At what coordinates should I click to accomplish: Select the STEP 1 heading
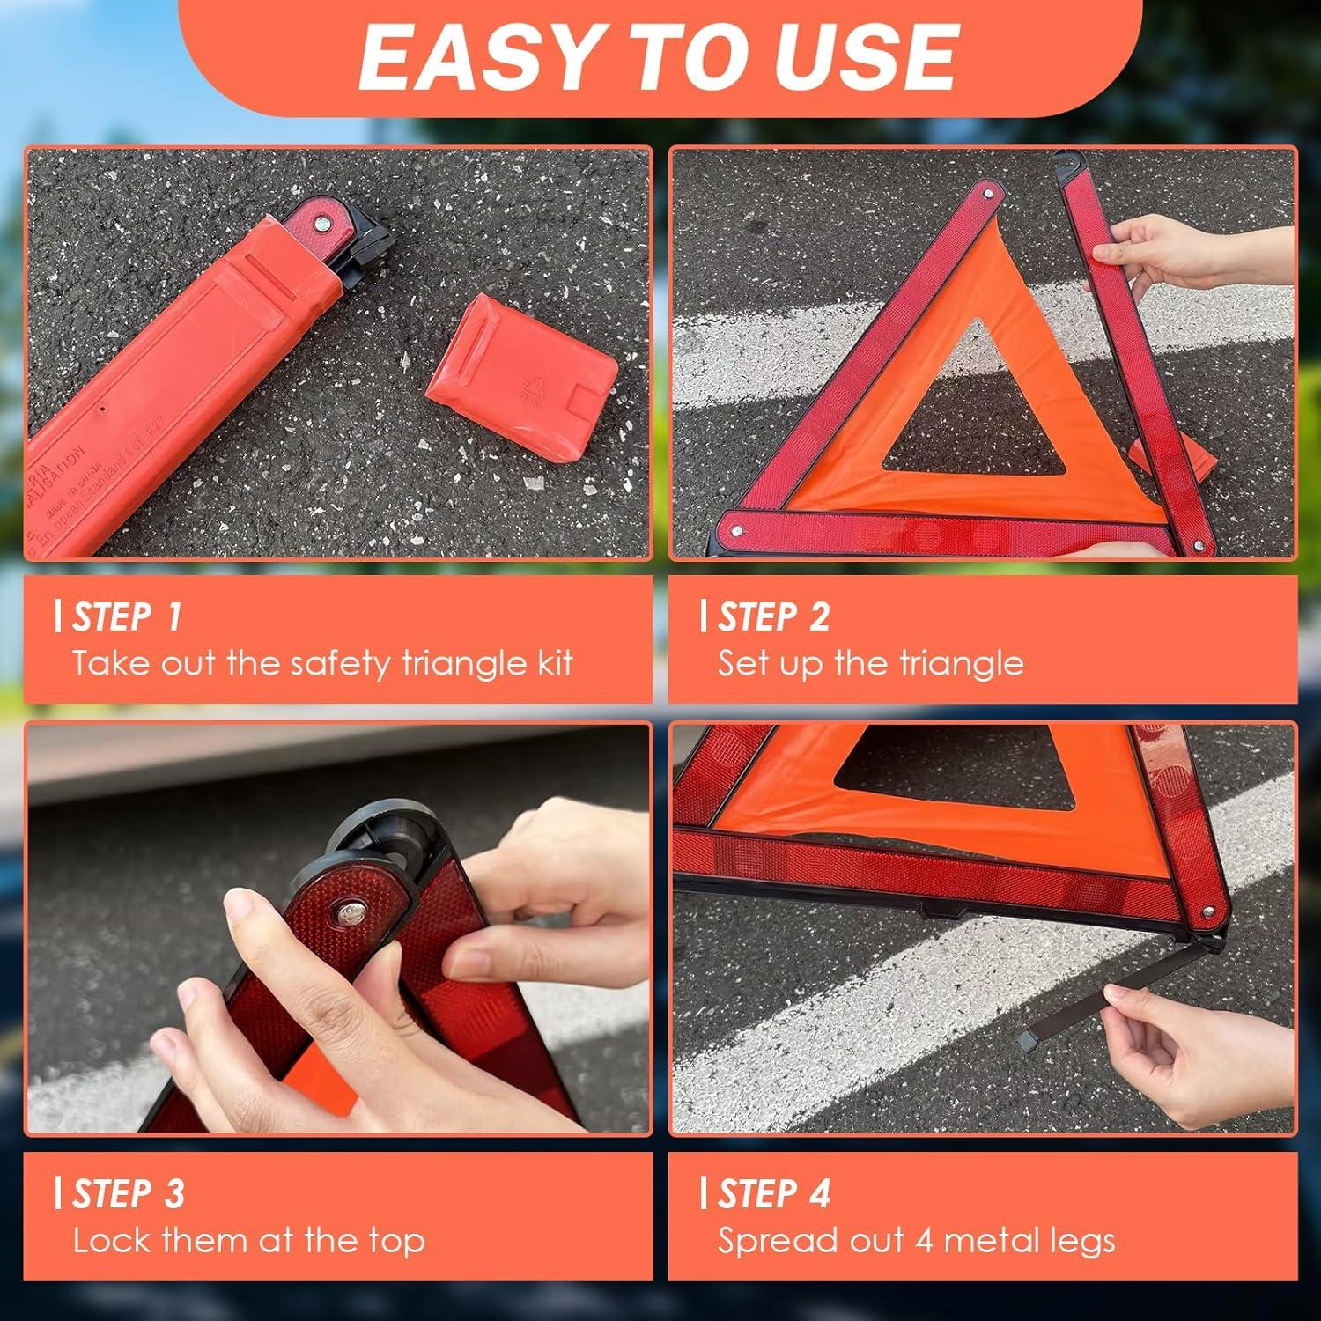127,617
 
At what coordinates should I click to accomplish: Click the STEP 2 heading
773,617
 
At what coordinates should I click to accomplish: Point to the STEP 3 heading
129,1194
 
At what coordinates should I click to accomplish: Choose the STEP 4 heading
774,1194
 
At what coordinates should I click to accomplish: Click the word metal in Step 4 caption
973,1241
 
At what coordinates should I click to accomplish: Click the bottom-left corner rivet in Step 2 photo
736,531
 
